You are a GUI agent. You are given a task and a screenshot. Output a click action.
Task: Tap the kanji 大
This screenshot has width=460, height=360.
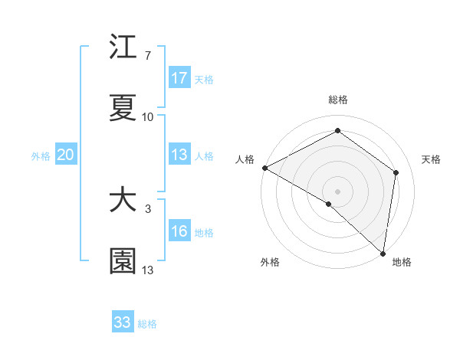[123, 201]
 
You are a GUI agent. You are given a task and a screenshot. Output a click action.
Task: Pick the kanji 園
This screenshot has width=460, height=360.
[123, 261]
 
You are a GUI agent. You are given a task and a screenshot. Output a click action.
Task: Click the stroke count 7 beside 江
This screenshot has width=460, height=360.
[148, 56]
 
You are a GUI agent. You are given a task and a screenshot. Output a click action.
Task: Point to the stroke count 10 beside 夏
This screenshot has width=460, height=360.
[148, 117]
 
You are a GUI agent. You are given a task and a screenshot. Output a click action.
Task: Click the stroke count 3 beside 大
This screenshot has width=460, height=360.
[148, 208]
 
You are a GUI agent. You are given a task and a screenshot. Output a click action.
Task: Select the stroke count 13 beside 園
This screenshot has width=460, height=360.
[148, 270]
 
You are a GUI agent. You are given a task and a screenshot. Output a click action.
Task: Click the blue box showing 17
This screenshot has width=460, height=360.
[179, 78]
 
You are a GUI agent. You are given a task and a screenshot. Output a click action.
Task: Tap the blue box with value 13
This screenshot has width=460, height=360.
[179, 155]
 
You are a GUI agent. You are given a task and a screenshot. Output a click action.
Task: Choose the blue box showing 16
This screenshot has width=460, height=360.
[179, 231]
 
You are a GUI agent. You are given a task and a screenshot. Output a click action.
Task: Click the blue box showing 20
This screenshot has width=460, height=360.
[66, 155]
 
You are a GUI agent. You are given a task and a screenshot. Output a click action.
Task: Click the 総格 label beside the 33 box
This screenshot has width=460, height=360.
[147, 324]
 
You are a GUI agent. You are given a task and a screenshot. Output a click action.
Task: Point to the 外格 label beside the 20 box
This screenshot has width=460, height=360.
[41, 156]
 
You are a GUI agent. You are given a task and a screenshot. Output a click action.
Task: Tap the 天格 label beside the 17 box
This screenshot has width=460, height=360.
[204, 80]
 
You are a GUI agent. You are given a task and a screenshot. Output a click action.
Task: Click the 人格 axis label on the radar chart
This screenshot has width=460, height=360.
[245, 159]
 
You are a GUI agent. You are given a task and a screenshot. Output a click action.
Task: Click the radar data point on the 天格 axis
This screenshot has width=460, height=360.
[396, 172]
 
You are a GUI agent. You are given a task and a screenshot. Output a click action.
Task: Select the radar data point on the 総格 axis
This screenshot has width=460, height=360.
[337, 131]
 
